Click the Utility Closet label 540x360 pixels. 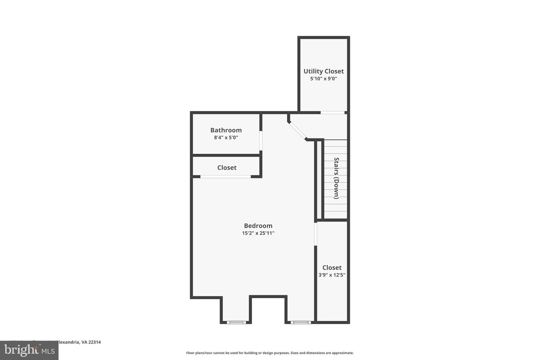pyautogui.click(x=324, y=71)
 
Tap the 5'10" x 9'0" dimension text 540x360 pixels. pyautogui.click(x=324, y=79)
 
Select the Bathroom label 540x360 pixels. pyautogui.click(x=226, y=130)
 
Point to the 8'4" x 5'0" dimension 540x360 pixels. pyautogui.click(x=226, y=138)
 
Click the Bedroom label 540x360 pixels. pyautogui.click(x=258, y=226)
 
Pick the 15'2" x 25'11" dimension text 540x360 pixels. pyautogui.click(x=258, y=233)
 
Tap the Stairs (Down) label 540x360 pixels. pyautogui.click(x=336, y=178)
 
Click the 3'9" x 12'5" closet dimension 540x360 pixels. pyautogui.click(x=332, y=275)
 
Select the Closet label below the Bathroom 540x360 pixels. pyautogui.click(x=227, y=168)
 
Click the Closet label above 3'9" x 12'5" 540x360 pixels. pyautogui.click(x=332, y=267)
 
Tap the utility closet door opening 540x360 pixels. pyautogui.click(x=332, y=112)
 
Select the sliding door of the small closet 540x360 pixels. pyautogui.click(x=225, y=176)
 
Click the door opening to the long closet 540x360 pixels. pyautogui.click(x=316, y=234)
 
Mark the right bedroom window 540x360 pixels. pyautogui.click(x=301, y=322)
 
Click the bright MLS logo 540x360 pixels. pyautogui.click(x=29, y=351)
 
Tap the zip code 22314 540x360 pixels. pyautogui.click(x=94, y=342)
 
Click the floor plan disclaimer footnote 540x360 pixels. pyautogui.click(x=270, y=353)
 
